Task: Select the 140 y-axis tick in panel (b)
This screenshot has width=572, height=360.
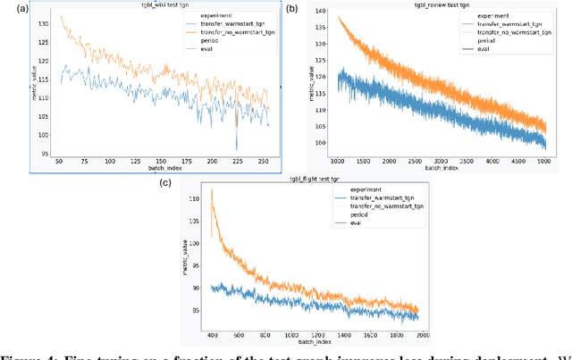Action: coord(319,15)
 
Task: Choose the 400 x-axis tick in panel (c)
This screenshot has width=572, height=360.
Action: coord(211,334)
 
